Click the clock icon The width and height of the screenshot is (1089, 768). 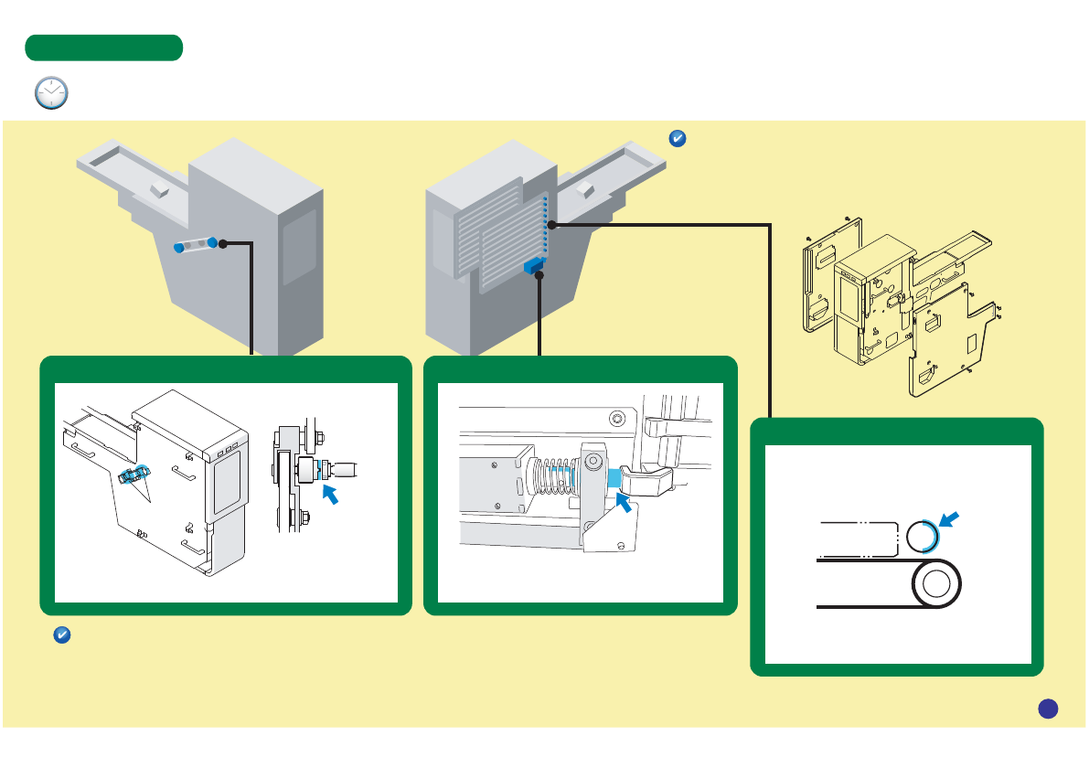[51, 93]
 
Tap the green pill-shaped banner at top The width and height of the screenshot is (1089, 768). [104, 48]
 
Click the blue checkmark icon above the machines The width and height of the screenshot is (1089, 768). [678, 139]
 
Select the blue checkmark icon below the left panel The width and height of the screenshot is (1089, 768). [61, 635]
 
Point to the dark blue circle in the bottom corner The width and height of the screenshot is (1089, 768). [1048, 708]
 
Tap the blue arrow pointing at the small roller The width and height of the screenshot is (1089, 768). [951, 520]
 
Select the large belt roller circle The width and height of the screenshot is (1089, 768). [934, 583]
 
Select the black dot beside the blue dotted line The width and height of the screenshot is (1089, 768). [552, 224]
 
